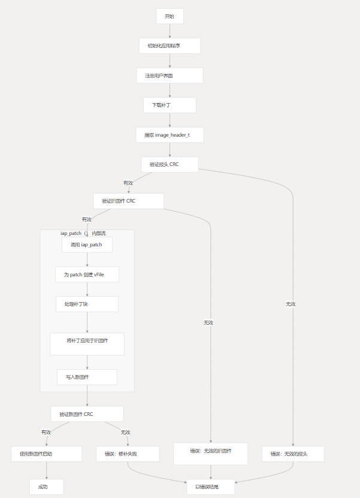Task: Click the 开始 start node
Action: click(170, 16)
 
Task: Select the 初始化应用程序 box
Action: click(170, 46)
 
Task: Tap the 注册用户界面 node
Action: click(170, 76)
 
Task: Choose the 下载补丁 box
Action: click(170, 105)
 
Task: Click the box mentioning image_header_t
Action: click(170, 135)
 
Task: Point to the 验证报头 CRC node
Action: click(170, 164)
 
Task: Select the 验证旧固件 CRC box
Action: click(128, 201)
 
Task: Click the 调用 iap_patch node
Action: click(87, 245)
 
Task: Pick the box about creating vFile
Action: click(87, 274)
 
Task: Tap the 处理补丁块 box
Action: click(87, 304)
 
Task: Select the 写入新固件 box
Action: click(87, 377)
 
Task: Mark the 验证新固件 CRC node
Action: click(87, 414)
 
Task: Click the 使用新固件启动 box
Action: click(46, 454)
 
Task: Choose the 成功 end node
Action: click(46, 487)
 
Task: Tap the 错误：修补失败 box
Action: click(128, 454)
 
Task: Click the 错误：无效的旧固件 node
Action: click(210, 454)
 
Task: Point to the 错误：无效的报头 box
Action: click(293, 454)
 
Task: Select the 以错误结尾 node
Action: click(210, 487)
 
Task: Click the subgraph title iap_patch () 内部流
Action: click(83, 233)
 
